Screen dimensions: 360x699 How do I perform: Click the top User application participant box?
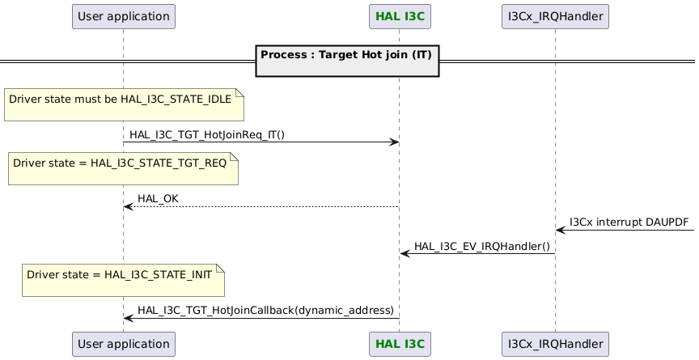click(123, 15)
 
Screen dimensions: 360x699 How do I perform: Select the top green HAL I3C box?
click(399, 15)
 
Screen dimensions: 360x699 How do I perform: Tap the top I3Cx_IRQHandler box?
click(555, 15)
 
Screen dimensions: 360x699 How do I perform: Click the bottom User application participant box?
click(123, 344)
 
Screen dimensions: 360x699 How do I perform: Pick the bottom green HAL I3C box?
click(399, 344)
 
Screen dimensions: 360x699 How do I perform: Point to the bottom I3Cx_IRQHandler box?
click(555, 344)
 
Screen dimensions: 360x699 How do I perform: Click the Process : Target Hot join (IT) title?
click(347, 55)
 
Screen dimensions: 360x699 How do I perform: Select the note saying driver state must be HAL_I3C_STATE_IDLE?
click(124, 103)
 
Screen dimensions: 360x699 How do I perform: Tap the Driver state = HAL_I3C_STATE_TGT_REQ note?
click(123, 167)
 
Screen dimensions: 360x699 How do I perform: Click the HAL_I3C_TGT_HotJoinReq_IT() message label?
click(207, 135)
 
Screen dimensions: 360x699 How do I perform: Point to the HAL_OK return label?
click(158, 199)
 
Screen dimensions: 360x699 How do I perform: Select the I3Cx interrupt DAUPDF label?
click(629, 222)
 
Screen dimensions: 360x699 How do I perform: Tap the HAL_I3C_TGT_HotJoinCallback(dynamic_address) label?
click(265, 310)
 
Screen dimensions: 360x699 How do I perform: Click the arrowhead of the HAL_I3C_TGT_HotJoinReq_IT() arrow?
click(395, 142)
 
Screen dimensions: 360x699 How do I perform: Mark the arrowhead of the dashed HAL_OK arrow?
click(128, 207)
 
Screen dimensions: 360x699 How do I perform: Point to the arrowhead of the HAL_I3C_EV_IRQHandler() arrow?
click(405, 254)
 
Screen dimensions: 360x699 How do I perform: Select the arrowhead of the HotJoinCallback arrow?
click(128, 318)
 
